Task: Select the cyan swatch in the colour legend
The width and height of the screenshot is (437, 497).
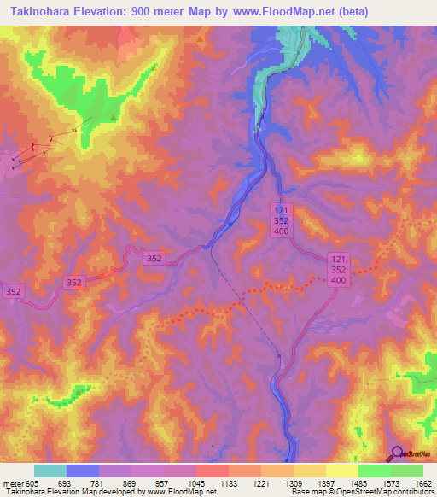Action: (x=50, y=471)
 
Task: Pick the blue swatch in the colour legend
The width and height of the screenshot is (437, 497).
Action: (x=82, y=471)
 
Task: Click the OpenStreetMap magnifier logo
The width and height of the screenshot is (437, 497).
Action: (x=397, y=453)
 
